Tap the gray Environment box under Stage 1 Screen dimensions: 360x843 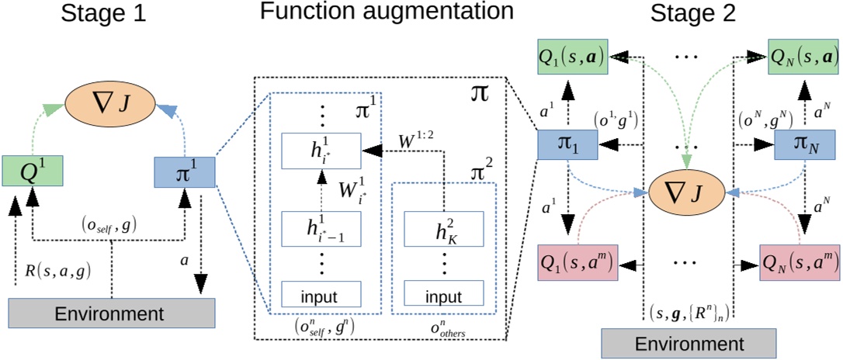112,314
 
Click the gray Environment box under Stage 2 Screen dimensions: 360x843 689,343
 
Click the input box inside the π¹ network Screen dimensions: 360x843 321,295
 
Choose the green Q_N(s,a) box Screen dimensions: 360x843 802,57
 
